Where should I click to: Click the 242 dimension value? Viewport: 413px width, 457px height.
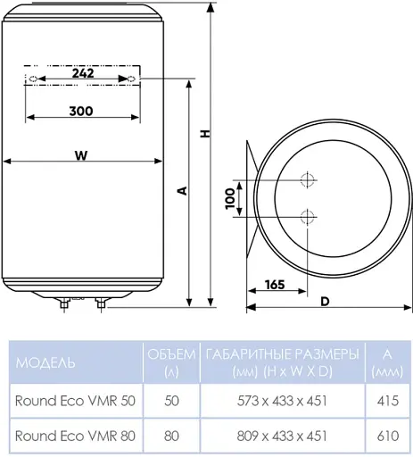pos(82,74)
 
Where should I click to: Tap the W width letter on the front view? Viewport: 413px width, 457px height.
pos(81,154)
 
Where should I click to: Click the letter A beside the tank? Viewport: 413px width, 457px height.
pos(182,190)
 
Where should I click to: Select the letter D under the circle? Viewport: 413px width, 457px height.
pos(325,300)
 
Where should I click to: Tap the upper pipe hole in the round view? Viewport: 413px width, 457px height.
pos(308,179)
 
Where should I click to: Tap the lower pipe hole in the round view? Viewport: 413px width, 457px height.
pos(308,215)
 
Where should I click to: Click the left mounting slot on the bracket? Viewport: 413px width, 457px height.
pos(32,79)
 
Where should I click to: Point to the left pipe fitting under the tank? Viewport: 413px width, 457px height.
pos(64,305)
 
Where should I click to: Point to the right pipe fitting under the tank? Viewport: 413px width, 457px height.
pos(100,305)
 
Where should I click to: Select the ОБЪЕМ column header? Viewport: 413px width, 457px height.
pos(169,362)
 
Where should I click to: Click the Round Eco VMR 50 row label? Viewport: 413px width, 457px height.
pos(76,401)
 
